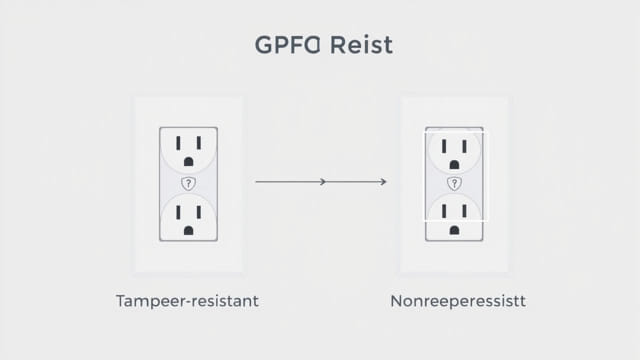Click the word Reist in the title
tap(361, 46)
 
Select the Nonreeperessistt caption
tap(459, 300)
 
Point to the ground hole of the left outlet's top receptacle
tap(188, 163)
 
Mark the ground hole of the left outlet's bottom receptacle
tap(188, 231)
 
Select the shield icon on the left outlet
tap(188, 184)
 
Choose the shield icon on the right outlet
tap(454, 184)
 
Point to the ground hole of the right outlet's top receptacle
tap(454, 163)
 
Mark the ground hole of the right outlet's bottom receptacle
tap(454, 231)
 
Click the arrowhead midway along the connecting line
tap(322, 182)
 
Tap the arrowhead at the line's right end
tap(384, 182)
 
